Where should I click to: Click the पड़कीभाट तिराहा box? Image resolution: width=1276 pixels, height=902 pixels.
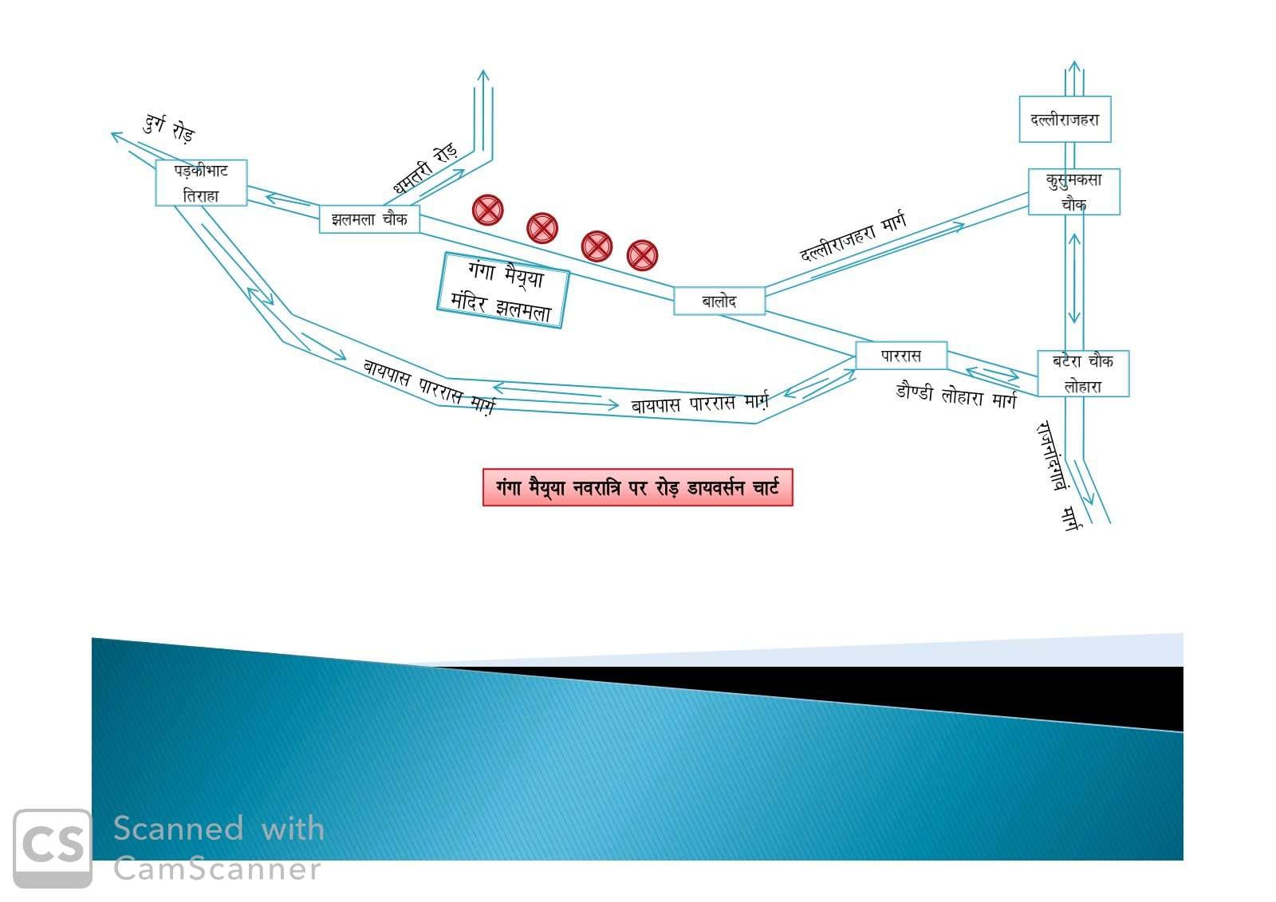pos(201,183)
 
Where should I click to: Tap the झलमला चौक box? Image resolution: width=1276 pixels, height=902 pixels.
pos(369,219)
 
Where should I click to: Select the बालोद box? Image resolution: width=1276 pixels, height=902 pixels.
pos(719,301)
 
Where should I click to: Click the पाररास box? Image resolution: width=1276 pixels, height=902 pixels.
pos(901,356)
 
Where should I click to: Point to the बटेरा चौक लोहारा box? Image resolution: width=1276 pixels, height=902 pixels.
pos(1083,373)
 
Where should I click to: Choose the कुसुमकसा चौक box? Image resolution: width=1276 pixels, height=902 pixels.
pos(1073,191)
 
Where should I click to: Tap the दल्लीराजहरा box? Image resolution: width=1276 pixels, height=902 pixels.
pos(1065,120)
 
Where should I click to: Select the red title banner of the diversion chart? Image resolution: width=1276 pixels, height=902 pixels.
pos(637,487)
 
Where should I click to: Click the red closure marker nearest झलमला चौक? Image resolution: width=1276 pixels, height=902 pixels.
pos(488,210)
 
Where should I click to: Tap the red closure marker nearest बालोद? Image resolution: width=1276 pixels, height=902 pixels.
pos(642,255)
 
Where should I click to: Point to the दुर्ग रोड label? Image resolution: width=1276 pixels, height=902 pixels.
pos(169,128)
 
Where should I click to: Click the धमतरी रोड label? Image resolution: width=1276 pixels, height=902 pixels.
pos(425,168)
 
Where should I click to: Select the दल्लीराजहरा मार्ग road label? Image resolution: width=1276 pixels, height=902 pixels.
pos(853,237)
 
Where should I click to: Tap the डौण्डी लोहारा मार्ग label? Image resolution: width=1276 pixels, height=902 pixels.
pos(956,395)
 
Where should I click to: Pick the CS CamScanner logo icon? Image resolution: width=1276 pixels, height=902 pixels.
pos(53,848)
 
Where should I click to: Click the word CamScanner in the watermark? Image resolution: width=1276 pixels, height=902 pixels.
pos(217,869)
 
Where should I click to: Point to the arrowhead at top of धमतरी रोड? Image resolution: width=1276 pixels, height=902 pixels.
pos(482,75)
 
